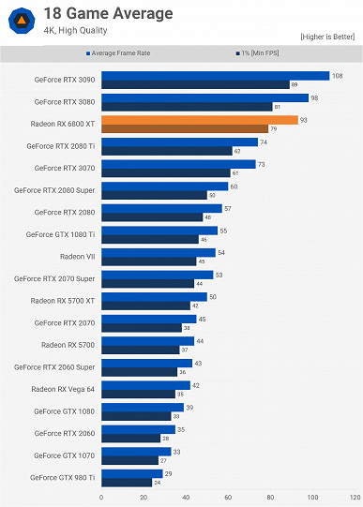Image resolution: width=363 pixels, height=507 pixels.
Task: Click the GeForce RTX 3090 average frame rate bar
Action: [215, 76]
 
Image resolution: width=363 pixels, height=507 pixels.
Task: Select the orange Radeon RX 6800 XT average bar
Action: [200, 120]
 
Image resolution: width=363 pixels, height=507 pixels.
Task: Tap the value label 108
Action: [338, 75]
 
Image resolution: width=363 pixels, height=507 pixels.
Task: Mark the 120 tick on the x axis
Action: [355, 497]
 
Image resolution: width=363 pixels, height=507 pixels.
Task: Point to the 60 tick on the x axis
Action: [228, 497]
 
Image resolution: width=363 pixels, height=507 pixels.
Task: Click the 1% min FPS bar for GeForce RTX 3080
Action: [187, 107]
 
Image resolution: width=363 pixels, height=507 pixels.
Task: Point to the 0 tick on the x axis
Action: [101, 497]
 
